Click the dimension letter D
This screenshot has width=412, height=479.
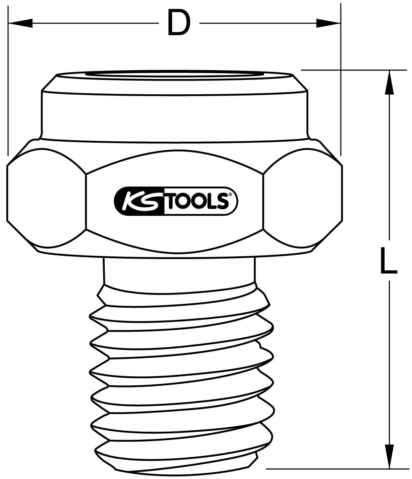[x=178, y=23]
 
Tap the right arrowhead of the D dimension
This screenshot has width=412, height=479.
[x=328, y=23]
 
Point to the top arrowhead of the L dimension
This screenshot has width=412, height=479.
[x=389, y=82]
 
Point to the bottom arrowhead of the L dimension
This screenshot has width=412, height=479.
[x=389, y=456]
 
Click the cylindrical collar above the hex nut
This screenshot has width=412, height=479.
[x=175, y=116]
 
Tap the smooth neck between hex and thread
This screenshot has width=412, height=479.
[x=179, y=270]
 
